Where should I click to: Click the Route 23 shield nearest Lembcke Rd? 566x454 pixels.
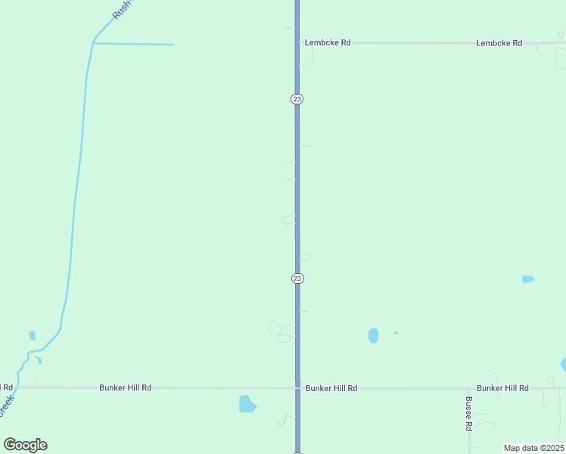(x=297, y=99)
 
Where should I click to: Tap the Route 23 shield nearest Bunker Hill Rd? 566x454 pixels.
(x=297, y=278)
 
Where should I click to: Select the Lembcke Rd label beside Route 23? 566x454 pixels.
(x=328, y=43)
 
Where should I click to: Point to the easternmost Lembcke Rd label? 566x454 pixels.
(x=499, y=43)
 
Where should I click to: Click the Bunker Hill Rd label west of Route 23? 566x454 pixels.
(x=125, y=387)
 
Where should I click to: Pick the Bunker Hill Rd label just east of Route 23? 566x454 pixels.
(x=331, y=388)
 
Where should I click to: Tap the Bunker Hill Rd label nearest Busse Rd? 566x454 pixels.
(x=502, y=388)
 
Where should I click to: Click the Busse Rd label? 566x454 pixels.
(x=469, y=414)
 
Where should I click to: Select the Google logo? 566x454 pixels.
(x=26, y=445)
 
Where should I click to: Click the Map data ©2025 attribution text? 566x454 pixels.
(x=533, y=448)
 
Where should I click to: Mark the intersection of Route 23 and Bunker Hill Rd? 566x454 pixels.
(x=297, y=388)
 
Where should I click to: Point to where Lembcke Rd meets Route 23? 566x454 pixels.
(x=297, y=43)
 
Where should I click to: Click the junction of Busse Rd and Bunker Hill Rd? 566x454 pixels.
(x=469, y=388)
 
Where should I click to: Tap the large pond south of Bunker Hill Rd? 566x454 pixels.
(x=247, y=404)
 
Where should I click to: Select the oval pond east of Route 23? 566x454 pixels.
(x=373, y=335)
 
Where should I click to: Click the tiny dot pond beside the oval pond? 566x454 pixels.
(x=396, y=332)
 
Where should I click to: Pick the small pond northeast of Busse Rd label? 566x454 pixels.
(x=528, y=279)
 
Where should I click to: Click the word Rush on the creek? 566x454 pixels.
(x=121, y=9)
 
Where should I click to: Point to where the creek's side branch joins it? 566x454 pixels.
(x=92, y=43)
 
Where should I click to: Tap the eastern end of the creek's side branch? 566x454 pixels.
(x=173, y=45)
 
